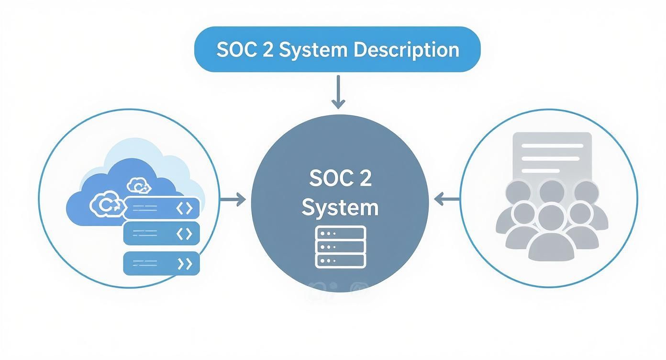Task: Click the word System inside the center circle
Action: click(x=340, y=208)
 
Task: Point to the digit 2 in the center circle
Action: click(x=364, y=178)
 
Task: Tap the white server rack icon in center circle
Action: click(x=340, y=247)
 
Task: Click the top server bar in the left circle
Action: click(x=163, y=208)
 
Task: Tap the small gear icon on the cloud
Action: click(x=139, y=186)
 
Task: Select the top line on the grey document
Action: click(x=552, y=146)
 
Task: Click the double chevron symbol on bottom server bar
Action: click(x=184, y=263)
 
